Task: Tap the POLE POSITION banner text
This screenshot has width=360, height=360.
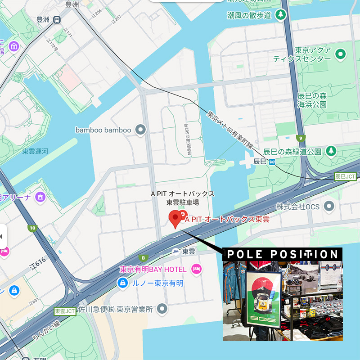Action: tap(282, 254)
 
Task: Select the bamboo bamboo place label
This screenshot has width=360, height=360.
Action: tap(103, 130)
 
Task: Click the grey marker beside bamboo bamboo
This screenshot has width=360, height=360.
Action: tap(141, 130)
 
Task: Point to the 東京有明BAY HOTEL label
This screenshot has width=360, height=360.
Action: tap(153, 270)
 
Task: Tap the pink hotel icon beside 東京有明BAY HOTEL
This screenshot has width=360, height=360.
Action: tap(196, 269)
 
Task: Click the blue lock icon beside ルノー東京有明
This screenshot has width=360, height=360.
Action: tap(121, 283)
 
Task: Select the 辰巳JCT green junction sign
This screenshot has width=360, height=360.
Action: tap(345, 177)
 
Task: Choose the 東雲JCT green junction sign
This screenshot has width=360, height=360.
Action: tap(64, 311)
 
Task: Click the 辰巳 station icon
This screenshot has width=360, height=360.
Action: tap(271, 162)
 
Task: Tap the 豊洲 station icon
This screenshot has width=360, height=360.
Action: tap(57, 20)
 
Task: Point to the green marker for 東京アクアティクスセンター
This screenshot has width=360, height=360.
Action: tap(341, 55)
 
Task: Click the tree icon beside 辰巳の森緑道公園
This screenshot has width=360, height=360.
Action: tap(331, 150)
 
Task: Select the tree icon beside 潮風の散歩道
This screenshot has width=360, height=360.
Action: tap(281, 15)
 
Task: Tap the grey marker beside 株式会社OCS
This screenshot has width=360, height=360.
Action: tap(329, 206)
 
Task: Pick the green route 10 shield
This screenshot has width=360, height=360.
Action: tap(31, 228)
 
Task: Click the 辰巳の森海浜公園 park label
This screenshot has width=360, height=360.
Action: tap(324, 100)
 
